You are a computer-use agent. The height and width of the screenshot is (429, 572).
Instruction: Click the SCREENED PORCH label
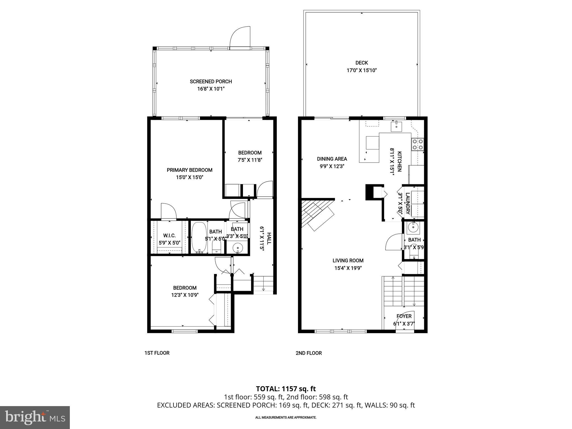(x=211, y=82)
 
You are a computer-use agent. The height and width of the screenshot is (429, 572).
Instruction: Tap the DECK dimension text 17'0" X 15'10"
(x=362, y=70)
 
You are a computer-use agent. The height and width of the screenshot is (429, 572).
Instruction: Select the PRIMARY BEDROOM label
(x=189, y=170)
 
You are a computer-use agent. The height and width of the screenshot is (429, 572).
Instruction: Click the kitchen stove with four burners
(x=418, y=144)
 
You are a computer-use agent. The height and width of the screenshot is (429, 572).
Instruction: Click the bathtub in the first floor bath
(x=199, y=237)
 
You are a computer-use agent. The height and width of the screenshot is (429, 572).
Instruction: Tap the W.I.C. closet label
(x=169, y=236)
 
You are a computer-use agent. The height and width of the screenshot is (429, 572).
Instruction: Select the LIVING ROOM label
(x=348, y=261)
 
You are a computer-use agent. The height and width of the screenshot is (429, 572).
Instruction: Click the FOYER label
(x=404, y=316)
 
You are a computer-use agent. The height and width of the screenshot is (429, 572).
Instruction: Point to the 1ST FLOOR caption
(x=157, y=353)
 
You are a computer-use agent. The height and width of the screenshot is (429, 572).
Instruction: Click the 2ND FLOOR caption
(x=309, y=353)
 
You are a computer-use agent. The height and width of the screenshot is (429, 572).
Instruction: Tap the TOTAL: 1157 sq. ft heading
(x=286, y=389)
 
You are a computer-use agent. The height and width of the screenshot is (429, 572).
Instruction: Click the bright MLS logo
(x=35, y=417)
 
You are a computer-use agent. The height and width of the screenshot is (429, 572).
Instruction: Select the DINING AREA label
(x=332, y=159)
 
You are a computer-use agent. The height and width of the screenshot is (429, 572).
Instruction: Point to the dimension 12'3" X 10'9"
(x=185, y=295)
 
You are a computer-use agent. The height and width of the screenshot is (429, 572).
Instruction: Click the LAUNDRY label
(x=407, y=203)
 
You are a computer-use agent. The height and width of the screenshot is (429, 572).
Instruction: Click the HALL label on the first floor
(x=269, y=239)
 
